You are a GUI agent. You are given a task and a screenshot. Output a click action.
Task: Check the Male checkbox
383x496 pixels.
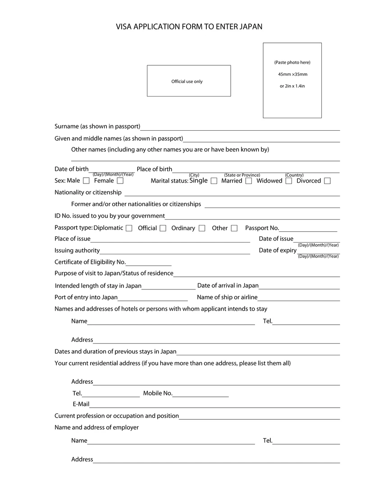(x=87, y=181)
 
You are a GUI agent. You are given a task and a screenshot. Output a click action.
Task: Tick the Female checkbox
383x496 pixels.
(x=120, y=181)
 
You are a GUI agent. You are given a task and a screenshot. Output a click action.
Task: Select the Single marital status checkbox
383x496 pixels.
(x=214, y=181)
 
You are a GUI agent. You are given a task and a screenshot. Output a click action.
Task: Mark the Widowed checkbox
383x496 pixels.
(x=288, y=181)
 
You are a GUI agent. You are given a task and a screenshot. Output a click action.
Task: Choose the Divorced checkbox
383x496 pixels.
(x=327, y=181)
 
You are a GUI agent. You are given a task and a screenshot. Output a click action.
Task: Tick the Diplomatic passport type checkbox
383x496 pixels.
(x=129, y=228)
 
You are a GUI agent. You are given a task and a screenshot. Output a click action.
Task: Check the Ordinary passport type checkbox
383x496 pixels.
(x=202, y=228)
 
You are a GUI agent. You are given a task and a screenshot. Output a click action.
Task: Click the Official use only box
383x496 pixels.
(x=189, y=81)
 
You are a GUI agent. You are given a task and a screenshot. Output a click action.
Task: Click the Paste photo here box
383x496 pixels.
(x=292, y=80)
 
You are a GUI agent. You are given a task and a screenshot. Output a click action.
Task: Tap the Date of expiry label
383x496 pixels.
(x=278, y=250)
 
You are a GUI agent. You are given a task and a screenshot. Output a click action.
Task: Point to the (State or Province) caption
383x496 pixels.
(x=242, y=175)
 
